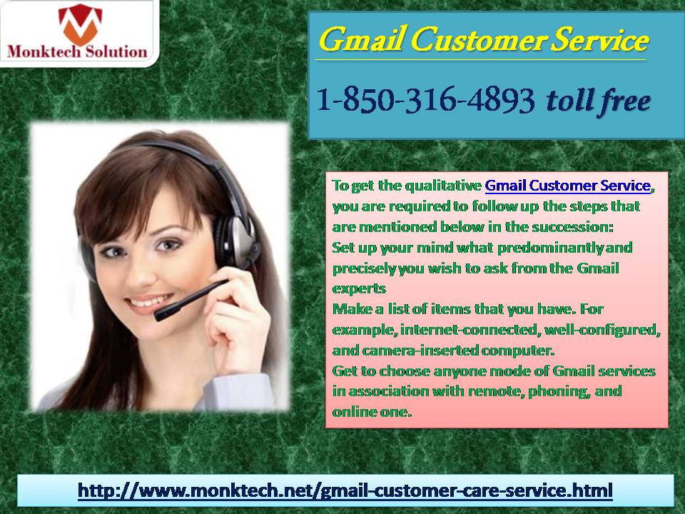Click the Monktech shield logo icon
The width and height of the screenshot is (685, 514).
click(80, 24)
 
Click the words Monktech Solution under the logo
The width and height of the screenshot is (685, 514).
click(77, 52)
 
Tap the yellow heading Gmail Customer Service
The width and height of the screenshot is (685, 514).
click(483, 40)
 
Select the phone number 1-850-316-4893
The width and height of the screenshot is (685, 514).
click(425, 99)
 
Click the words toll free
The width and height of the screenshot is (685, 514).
click(598, 101)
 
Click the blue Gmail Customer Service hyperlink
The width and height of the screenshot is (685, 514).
click(568, 186)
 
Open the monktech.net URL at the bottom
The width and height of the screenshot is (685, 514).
click(345, 490)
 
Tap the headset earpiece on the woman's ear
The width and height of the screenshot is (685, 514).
click(235, 240)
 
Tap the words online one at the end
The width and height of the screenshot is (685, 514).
click(372, 412)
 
